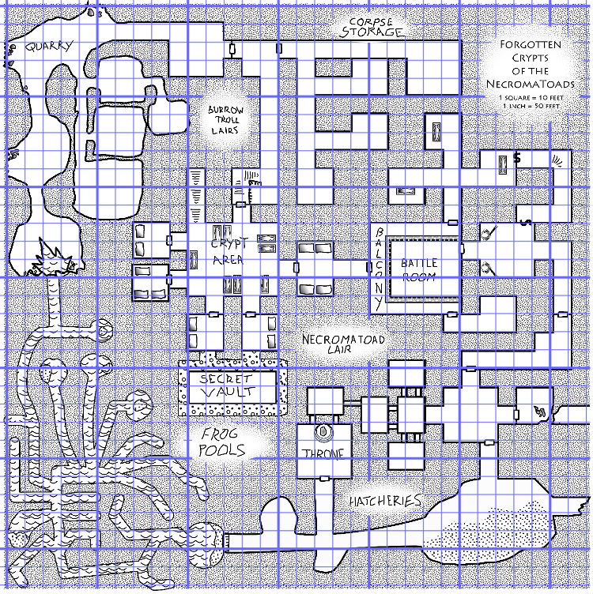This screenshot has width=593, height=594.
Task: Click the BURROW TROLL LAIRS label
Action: [x=226, y=120]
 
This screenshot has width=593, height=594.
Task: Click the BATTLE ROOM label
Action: [x=418, y=270]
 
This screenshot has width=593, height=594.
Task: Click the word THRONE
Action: [x=323, y=453]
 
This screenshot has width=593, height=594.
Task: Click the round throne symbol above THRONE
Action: [x=323, y=433]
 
